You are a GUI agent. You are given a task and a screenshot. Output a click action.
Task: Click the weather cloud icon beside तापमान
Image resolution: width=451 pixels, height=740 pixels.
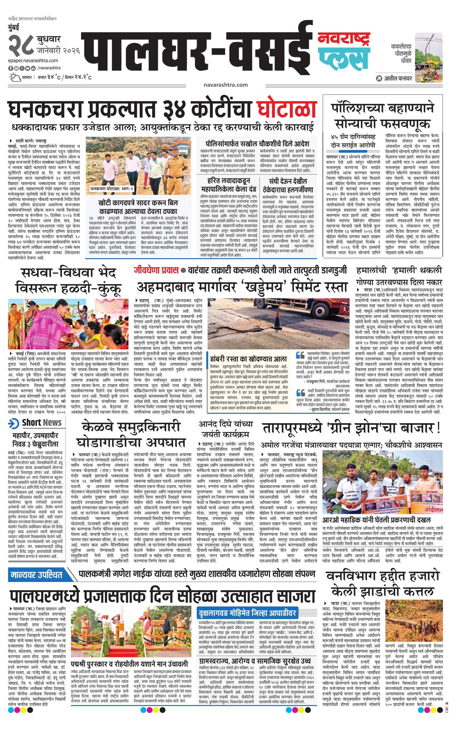[x=14, y=77]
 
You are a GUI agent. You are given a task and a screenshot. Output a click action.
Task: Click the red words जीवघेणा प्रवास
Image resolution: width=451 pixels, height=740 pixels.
[x=156, y=270]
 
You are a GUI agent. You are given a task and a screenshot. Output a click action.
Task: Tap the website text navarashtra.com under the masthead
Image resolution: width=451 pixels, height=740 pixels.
[x=225, y=85]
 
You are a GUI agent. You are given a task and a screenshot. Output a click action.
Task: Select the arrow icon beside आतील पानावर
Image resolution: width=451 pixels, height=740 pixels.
[x=379, y=78]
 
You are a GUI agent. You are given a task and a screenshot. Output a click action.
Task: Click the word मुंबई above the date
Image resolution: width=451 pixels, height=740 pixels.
[x=14, y=27]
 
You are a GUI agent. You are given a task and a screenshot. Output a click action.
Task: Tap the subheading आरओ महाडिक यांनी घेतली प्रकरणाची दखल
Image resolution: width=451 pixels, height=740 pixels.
[x=377, y=520]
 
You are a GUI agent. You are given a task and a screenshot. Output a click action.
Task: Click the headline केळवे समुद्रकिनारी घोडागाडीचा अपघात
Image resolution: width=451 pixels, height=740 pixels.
[x=131, y=434]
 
